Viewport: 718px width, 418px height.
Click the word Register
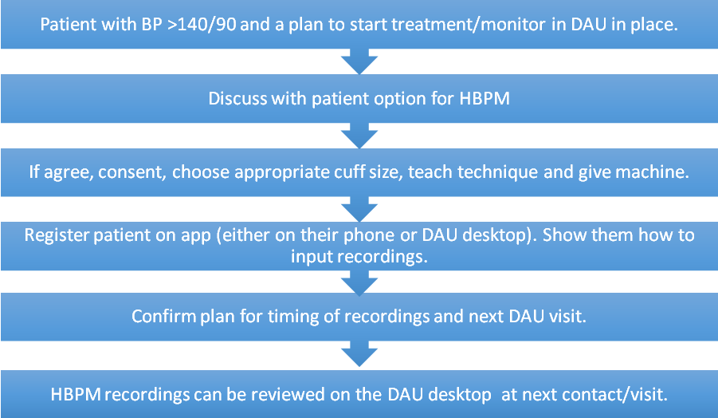point(57,235)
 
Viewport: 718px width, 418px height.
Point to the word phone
point(369,235)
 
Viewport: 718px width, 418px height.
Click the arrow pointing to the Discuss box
point(359,61)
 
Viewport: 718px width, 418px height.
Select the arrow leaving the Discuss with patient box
point(359,136)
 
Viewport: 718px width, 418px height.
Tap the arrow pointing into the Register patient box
point(359,210)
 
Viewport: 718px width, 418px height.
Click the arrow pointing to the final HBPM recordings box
point(359,354)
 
